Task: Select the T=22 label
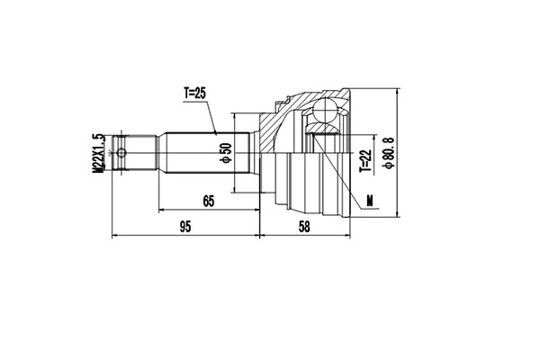[365, 159]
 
